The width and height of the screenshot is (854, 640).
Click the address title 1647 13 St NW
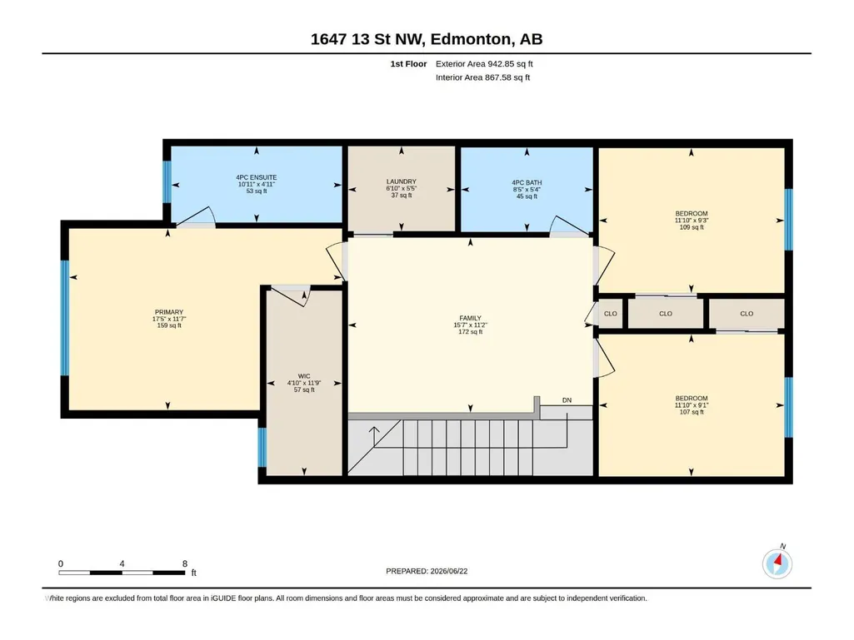pyautogui.click(x=368, y=39)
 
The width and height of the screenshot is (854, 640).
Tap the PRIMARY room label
pyautogui.click(x=169, y=312)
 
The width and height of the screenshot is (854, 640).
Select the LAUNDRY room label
pyautogui.click(x=402, y=181)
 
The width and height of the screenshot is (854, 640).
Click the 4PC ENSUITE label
pyautogui.click(x=257, y=177)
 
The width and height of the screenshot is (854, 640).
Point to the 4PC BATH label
pyautogui.click(x=527, y=183)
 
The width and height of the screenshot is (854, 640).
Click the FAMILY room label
pyautogui.click(x=470, y=319)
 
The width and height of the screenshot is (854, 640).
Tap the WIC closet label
pyautogui.click(x=304, y=376)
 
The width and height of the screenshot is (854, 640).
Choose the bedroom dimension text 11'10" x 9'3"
pyautogui.click(x=692, y=221)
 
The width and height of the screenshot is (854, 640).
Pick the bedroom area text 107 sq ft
pyautogui.click(x=692, y=412)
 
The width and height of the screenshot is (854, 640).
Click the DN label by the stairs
pyautogui.click(x=567, y=400)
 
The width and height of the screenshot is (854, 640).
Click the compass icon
pyautogui.click(x=777, y=563)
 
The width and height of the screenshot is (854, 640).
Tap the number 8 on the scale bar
pyautogui.click(x=185, y=563)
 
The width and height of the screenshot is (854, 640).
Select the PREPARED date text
pyautogui.click(x=427, y=571)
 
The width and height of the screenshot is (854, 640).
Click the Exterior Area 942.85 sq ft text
pyautogui.click(x=484, y=64)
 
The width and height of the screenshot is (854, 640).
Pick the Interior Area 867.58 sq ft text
pyautogui.click(x=482, y=77)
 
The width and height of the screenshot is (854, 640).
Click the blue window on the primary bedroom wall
pyautogui.click(x=65, y=318)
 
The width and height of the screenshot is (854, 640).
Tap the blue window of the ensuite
pyautogui.click(x=167, y=181)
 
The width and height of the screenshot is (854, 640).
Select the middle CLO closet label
pyautogui.click(x=666, y=314)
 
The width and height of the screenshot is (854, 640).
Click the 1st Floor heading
pyautogui.click(x=408, y=64)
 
